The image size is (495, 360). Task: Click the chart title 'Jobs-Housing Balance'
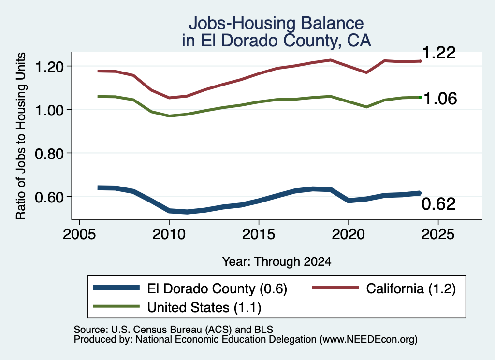276,23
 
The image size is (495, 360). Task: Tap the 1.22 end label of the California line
438,52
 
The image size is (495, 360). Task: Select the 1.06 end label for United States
440,99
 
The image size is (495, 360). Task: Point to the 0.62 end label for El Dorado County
438,204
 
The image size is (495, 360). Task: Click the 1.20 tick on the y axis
50,67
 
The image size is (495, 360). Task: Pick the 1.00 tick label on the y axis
50,110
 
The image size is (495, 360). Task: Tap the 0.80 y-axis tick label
50,154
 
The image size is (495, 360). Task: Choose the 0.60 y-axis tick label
50,197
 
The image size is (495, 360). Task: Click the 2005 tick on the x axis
80,234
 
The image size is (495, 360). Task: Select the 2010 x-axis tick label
169,234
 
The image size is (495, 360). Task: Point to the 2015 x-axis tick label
259,234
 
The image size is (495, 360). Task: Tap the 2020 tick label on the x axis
348,234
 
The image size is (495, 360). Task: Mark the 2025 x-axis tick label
438,234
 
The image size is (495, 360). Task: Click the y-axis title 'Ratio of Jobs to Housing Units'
21,136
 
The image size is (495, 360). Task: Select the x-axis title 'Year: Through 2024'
277,261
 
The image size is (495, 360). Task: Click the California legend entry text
411,288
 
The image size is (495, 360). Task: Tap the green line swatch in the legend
116,306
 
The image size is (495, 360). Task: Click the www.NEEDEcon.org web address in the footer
368,340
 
